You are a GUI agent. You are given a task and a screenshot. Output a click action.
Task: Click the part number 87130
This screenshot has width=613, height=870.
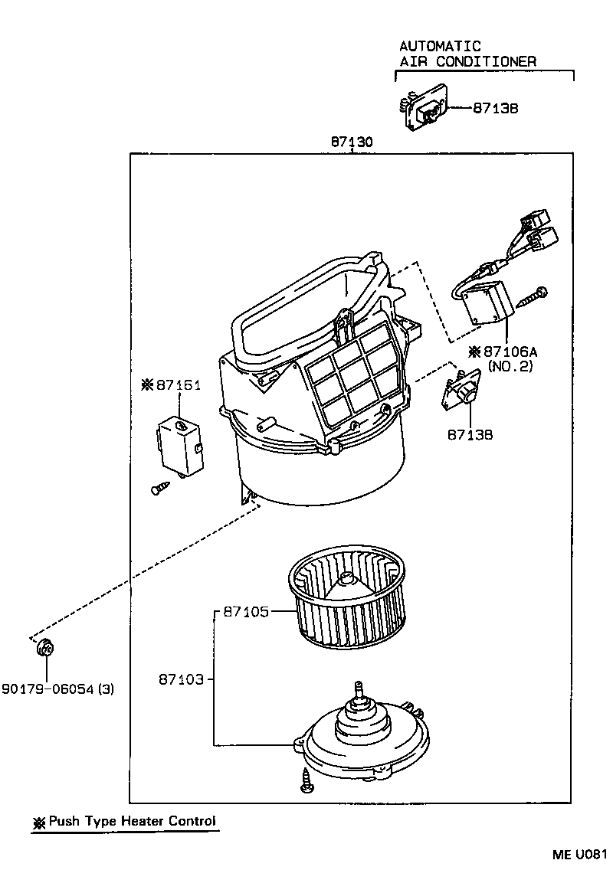click(352, 142)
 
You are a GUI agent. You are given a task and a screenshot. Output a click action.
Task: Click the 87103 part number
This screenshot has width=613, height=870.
click(182, 679)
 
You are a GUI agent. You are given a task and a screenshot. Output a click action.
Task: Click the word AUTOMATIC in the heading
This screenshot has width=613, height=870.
click(440, 47)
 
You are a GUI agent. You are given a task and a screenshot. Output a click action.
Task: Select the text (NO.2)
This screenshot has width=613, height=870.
click(510, 367)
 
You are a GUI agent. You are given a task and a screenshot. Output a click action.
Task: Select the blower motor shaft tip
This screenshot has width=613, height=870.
click(358, 684)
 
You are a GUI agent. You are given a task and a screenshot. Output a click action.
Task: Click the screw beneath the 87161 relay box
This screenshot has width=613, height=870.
click(159, 487)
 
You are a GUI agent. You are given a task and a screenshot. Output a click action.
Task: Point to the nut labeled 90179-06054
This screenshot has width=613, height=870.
click(45, 649)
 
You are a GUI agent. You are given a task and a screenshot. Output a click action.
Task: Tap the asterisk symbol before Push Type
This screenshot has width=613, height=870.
click(39, 823)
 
